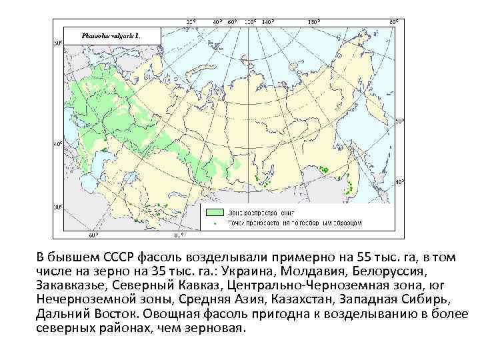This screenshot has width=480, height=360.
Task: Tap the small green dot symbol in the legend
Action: [x=214, y=223]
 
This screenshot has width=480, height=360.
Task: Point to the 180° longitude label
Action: [x=313, y=22]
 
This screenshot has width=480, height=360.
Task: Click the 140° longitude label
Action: [x=267, y=22]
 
